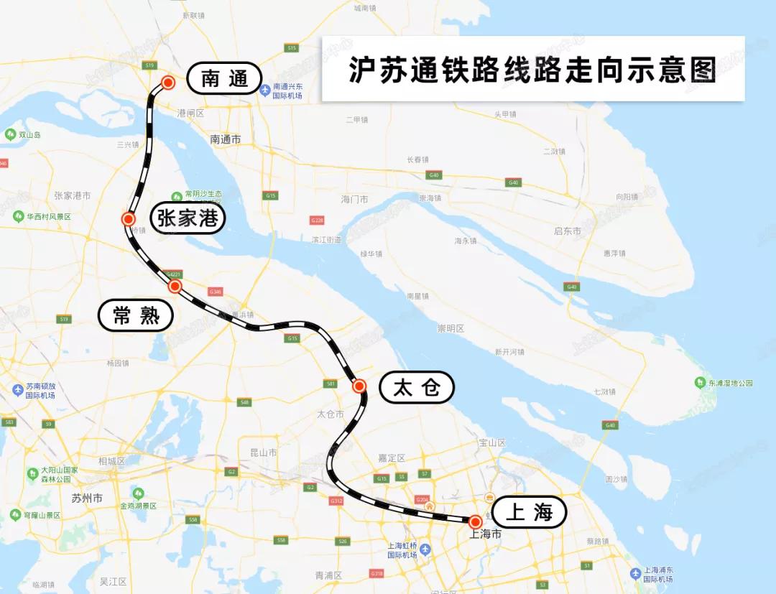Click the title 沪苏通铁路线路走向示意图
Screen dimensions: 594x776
click(532, 70)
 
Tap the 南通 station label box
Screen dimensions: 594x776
click(224, 78)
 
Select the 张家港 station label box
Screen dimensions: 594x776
click(188, 218)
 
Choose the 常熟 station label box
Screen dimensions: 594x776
click(136, 315)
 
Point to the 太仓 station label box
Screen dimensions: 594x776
click(417, 388)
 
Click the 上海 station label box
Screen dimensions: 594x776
click(529, 512)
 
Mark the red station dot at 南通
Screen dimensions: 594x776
click(168, 83)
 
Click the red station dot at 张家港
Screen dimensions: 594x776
click(129, 219)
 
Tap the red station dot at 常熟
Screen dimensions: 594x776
click(175, 286)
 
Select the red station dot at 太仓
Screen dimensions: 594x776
click(359, 386)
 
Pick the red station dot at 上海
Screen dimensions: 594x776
click(475, 521)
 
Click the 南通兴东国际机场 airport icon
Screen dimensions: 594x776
click(265, 90)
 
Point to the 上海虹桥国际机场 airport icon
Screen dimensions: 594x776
click(426, 549)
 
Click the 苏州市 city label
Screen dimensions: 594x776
click(87, 498)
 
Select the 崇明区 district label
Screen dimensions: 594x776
click(451, 328)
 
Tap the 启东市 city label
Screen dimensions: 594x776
click(567, 231)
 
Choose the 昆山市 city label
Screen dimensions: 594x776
click(263, 453)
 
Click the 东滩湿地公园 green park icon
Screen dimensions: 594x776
click(701, 383)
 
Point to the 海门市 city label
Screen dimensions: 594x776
click(354, 199)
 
